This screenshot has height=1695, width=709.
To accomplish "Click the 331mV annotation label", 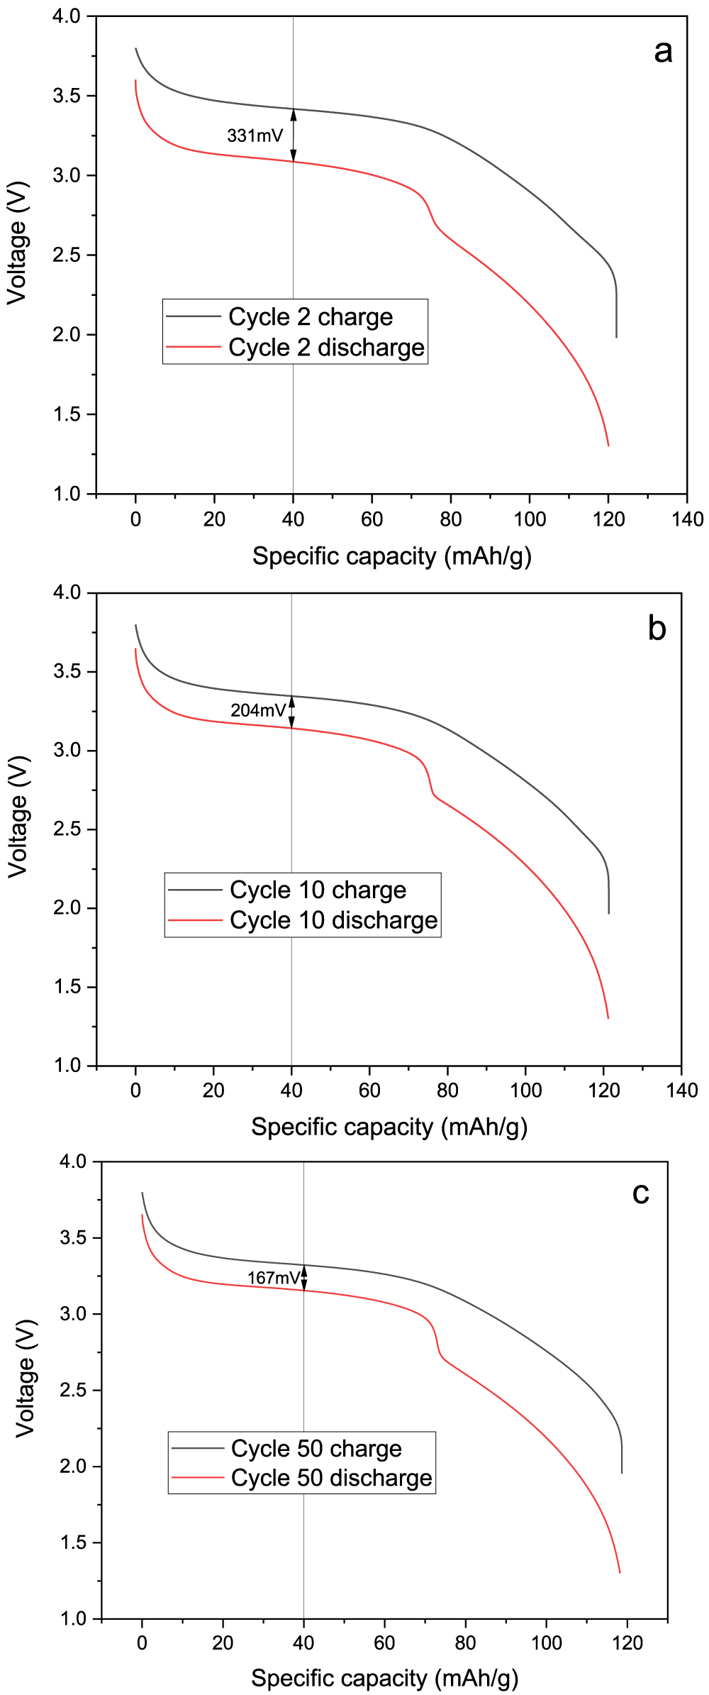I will tap(255, 136).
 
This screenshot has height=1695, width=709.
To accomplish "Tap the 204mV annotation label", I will tap(258, 710).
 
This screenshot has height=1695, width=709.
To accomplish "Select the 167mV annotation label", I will tap(274, 1278).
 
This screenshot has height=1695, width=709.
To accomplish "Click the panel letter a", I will tap(663, 52).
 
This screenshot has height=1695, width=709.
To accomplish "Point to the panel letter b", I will tap(657, 629).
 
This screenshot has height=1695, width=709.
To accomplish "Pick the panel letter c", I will tap(641, 1193).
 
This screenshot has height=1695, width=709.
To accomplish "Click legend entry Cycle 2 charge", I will tap(310, 316).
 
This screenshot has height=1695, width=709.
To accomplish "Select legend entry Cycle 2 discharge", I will tap(326, 348).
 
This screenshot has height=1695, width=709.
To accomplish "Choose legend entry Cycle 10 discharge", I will tap(333, 920).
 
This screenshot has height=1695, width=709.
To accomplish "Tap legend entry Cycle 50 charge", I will tap(316, 1448).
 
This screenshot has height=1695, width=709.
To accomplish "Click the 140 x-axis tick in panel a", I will tap(686, 519).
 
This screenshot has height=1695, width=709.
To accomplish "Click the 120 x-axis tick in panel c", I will tap(627, 1642).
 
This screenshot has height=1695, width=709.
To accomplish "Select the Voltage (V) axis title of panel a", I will tap(17, 243).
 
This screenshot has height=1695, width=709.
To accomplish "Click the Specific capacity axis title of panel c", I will tap(384, 1678).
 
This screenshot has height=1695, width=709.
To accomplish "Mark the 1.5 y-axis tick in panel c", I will tap(74, 1542).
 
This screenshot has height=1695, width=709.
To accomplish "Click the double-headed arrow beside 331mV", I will tap(294, 135).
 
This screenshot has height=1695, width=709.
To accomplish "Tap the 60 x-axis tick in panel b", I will tap(369, 1091).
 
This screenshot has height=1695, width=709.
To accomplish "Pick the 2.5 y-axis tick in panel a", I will tap(67, 255).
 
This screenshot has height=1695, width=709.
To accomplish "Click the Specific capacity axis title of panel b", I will tap(389, 1127).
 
